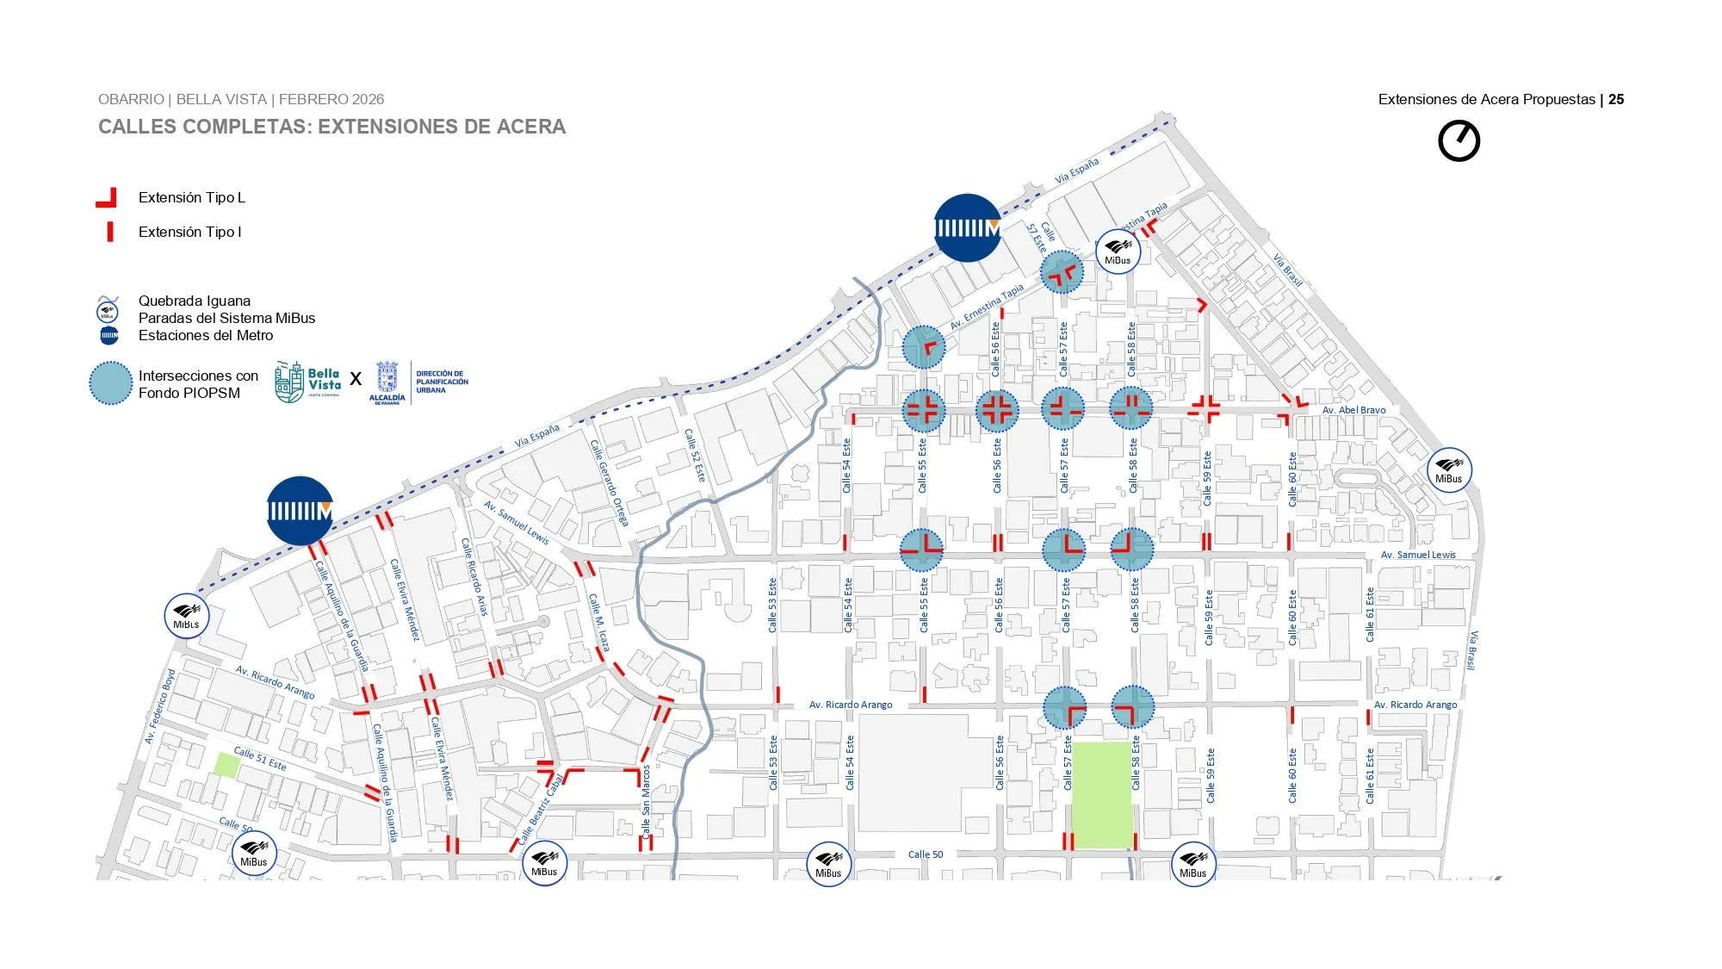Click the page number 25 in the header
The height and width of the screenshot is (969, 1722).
(x=1616, y=99)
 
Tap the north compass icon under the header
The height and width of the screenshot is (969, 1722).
(x=1459, y=140)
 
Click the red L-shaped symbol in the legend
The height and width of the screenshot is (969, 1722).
(x=107, y=198)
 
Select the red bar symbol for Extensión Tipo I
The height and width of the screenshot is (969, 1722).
(x=110, y=232)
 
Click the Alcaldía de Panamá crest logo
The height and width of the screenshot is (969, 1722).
(x=387, y=382)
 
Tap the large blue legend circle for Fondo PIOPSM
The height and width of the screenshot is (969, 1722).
(x=111, y=382)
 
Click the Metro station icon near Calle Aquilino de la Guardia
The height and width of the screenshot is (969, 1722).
(x=300, y=511)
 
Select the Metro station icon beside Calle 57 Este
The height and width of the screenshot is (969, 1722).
(x=967, y=227)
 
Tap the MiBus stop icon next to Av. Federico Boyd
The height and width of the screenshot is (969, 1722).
(x=186, y=616)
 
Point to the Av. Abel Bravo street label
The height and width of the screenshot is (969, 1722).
(x=1353, y=410)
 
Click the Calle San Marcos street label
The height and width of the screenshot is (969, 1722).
(x=646, y=802)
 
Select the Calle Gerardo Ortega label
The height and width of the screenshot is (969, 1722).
(x=609, y=482)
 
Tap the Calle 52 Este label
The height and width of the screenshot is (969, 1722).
(x=695, y=456)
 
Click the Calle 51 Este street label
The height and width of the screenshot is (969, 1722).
(x=260, y=758)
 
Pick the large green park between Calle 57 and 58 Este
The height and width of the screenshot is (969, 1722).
(x=1101, y=794)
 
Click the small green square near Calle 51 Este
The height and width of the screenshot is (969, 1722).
(x=226, y=764)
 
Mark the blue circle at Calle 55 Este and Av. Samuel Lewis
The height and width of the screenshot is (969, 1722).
(x=921, y=549)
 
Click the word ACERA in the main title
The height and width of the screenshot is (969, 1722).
(x=526, y=127)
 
